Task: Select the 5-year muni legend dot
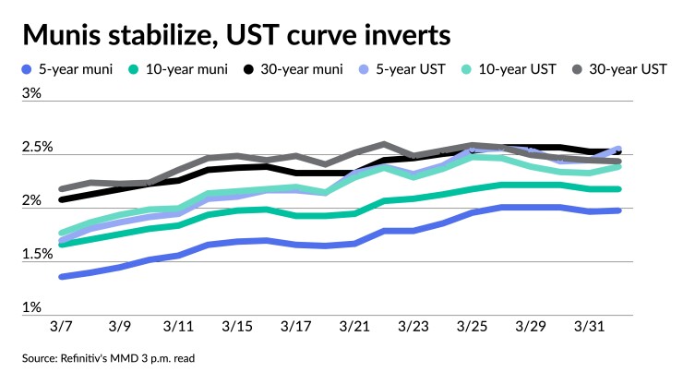click(x=28, y=70)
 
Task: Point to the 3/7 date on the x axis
click(x=65, y=327)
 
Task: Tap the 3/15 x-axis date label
click(x=239, y=327)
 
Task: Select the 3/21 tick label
click(x=355, y=327)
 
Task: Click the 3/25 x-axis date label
click(x=472, y=327)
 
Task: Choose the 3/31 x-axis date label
click(x=588, y=327)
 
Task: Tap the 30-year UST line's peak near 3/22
click(x=384, y=145)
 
